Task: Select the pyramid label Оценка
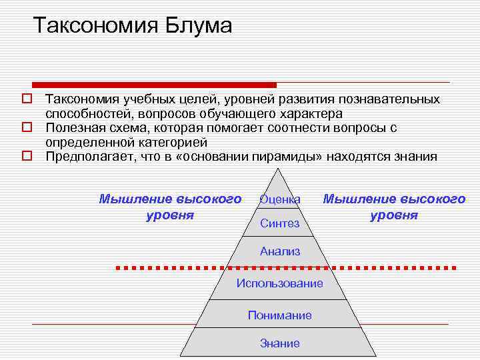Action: (x=280, y=199)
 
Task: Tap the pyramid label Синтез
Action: (x=280, y=223)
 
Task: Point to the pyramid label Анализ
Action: (x=280, y=251)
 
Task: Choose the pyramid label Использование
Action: (x=280, y=283)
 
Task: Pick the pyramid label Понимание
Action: (x=280, y=315)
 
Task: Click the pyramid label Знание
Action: (x=280, y=343)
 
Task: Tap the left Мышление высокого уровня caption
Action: (x=170, y=207)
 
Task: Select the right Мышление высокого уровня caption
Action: (x=394, y=207)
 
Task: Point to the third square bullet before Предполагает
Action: (x=27, y=157)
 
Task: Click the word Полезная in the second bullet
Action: (x=73, y=127)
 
